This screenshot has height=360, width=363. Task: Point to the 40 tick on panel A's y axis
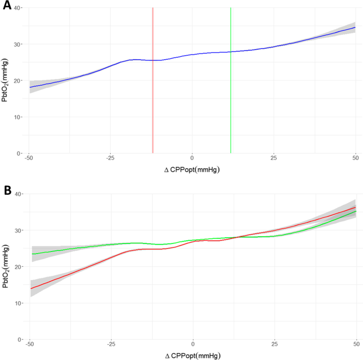pyautogui.click(x=17, y=8)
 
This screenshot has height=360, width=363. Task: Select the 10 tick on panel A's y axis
pyautogui.click(x=17, y=117)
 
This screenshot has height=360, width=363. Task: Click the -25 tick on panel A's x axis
pyautogui.click(x=110, y=159)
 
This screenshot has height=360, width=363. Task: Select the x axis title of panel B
pyautogui.click(x=193, y=355)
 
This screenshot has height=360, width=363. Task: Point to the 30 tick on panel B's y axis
pyautogui.click(x=17, y=231)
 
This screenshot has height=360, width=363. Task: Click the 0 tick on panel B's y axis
pyautogui.click(x=20, y=339)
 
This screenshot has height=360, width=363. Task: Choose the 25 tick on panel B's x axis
pyautogui.click(x=275, y=345)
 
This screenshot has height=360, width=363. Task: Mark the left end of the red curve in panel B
pyautogui.click(x=31, y=289)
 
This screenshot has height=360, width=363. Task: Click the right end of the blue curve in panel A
pyautogui.click(x=355, y=28)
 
